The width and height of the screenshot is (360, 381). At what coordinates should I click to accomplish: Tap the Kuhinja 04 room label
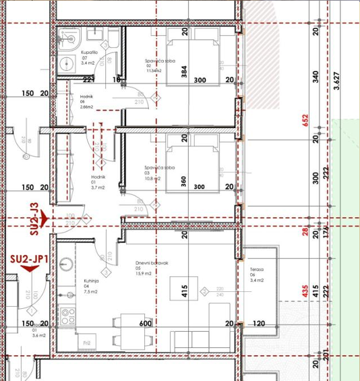coord(91,286)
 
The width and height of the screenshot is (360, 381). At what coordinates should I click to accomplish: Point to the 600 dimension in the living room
coord(145,324)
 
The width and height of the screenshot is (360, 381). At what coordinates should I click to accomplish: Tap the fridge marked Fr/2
coord(87,343)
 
